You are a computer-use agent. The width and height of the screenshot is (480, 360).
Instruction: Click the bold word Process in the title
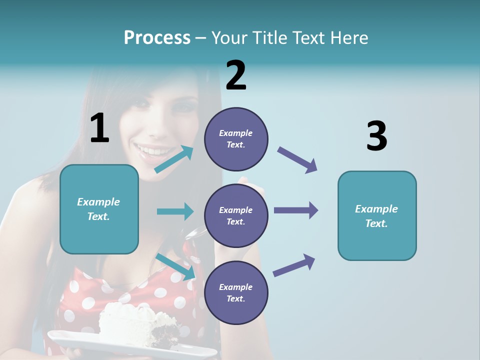[157, 38]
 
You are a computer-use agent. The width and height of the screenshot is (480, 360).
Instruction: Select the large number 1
[99, 128]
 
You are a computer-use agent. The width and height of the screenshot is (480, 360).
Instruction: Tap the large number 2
[236, 75]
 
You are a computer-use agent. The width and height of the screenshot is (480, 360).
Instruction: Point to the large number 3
[376, 136]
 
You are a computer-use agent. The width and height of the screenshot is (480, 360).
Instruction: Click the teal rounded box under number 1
[99, 209]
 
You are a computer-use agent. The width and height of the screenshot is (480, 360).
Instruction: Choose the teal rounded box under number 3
[377, 216]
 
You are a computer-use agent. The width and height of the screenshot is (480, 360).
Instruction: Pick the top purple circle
[236, 139]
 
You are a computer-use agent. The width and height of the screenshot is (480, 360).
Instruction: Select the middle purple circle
[236, 216]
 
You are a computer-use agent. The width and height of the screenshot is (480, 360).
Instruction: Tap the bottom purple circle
[236, 293]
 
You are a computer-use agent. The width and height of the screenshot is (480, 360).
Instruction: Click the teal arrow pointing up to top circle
[173, 159]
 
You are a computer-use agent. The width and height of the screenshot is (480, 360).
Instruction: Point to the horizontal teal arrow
[175, 211]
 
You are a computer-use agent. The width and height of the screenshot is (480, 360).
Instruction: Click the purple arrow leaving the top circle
[297, 160]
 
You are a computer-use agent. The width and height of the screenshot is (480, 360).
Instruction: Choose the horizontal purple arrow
[295, 210]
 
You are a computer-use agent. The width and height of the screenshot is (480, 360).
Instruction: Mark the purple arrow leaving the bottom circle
[294, 265]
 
